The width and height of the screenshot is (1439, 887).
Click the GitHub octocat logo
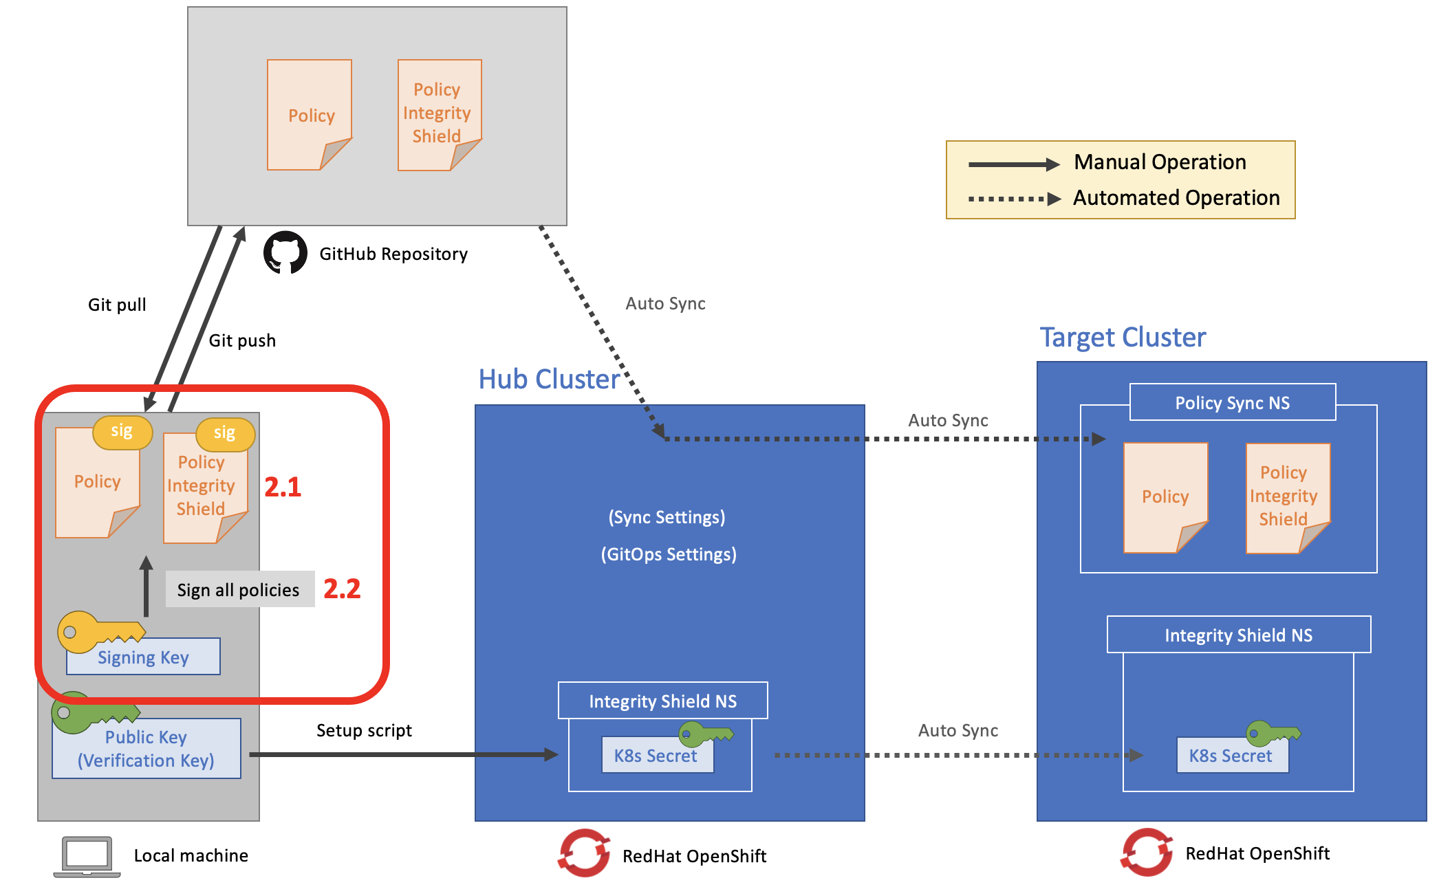point(285,252)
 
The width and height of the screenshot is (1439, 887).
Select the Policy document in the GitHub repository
point(310,114)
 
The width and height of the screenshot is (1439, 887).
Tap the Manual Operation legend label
point(1160,162)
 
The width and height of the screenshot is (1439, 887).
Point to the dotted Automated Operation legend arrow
point(1014,199)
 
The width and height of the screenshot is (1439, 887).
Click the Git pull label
point(117,305)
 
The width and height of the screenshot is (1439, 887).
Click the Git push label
point(242,340)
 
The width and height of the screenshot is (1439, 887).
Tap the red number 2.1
point(283,487)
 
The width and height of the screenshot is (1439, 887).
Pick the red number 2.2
point(342,589)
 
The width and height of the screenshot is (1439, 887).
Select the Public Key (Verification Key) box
point(146,749)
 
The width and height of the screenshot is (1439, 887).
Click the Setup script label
point(364,730)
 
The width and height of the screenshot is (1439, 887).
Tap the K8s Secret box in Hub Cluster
point(656,756)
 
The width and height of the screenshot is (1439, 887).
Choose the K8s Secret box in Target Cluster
point(1231,756)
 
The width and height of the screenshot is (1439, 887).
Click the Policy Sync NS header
point(1232,403)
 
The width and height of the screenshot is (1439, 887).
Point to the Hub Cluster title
point(549,379)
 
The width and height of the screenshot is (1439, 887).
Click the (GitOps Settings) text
point(669,554)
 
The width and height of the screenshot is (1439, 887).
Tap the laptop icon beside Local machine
point(87,856)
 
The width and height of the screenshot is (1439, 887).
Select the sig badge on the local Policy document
point(122,432)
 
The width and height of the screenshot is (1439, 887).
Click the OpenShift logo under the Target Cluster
point(1147,853)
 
